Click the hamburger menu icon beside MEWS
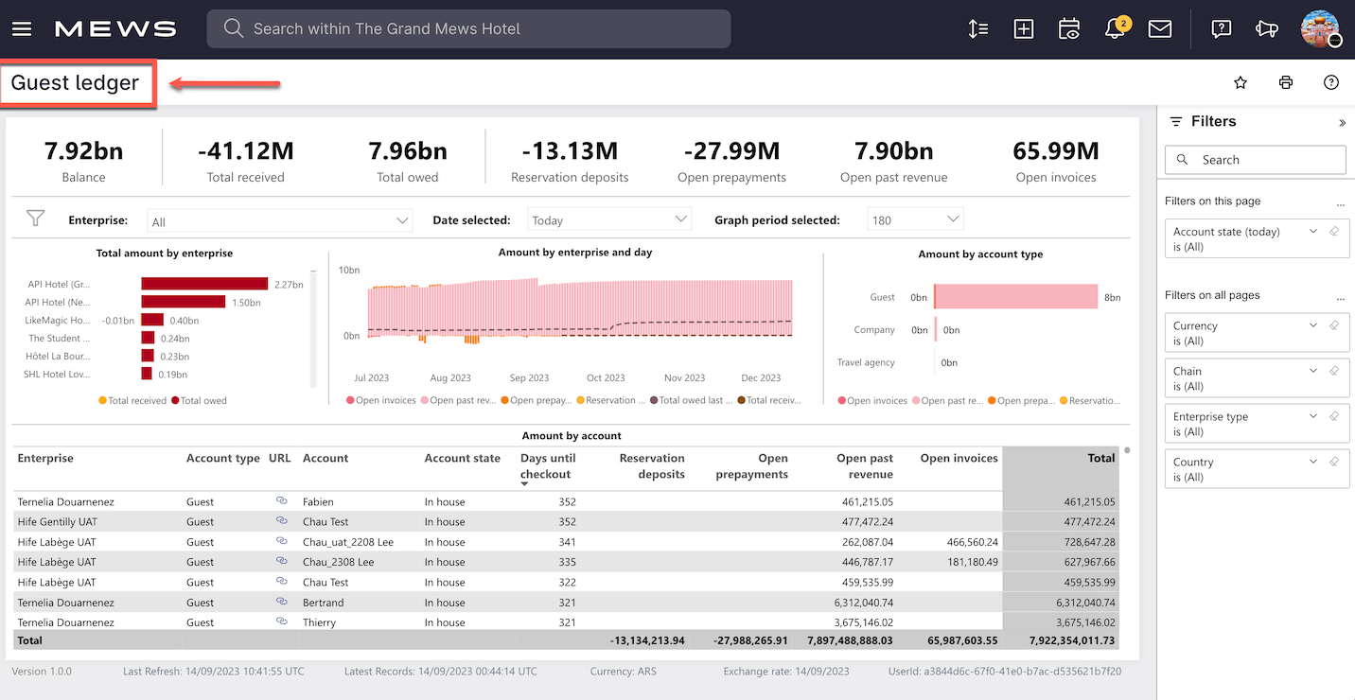[22, 28]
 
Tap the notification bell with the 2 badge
[1115, 28]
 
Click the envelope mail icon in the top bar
[1160, 28]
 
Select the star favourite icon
[1241, 83]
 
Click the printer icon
[1285, 83]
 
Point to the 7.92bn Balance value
[83, 151]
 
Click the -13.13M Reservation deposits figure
[570, 151]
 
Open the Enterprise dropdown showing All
[279, 220]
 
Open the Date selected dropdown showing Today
[609, 219]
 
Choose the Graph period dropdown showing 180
[915, 219]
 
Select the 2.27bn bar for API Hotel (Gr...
[204, 284]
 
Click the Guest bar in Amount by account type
[1015, 296]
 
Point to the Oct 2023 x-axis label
[606, 377]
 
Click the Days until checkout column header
[548, 466]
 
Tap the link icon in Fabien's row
[281, 500]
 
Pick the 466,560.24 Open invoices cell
[972, 542]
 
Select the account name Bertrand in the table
[323, 603]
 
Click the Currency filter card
[1257, 332]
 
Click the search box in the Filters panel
[1256, 160]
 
